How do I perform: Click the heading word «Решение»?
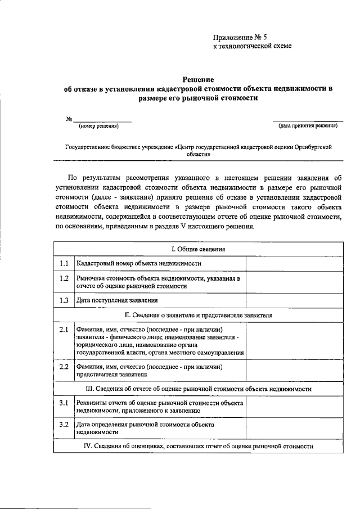[199, 80]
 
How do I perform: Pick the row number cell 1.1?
[64, 263]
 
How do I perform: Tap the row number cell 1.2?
[64, 278]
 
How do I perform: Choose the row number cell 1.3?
[64, 300]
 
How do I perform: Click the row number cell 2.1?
[64, 329]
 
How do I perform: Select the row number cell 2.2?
[64, 367]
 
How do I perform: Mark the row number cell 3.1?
[64, 403]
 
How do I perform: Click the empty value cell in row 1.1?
[294, 263]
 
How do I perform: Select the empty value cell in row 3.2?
[294, 428]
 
